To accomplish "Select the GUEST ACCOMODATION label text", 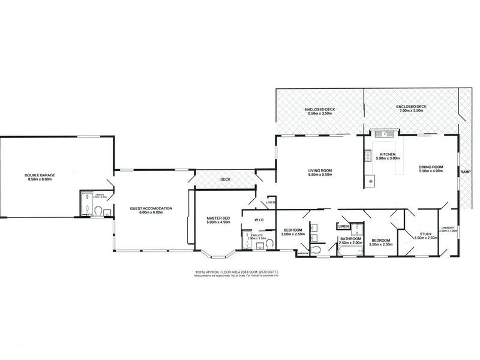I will coord(151,208).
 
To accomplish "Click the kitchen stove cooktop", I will coord(365,157).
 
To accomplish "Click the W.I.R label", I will coord(260,220).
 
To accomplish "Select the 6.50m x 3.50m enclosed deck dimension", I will coord(319,113).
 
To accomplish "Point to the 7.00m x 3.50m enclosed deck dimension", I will coord(410,111).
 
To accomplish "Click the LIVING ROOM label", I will coord(319,170).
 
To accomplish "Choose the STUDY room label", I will coord(425,235).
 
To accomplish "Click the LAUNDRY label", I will coord(448,227).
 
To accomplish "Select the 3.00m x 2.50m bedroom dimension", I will coord(293,234).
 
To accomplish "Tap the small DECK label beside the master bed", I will coord(225,179).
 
